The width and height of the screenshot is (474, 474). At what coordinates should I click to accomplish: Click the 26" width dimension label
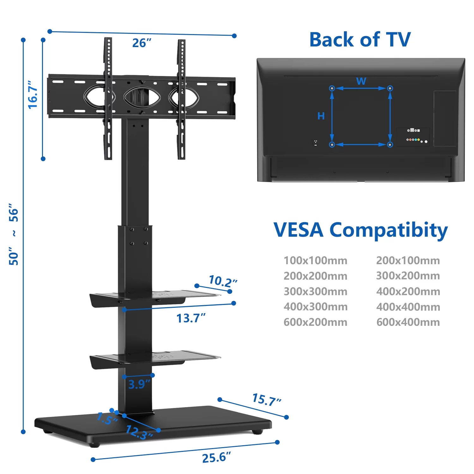point(142,43)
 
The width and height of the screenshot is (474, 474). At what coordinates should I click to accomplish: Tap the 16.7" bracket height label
point(33,95)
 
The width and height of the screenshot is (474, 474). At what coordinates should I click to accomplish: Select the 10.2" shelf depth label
point(222,281)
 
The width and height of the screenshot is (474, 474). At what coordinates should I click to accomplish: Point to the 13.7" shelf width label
point(191,318)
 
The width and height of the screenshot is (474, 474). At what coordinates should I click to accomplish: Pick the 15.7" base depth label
point(266,400)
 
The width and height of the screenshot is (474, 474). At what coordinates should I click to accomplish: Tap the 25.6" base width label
point(216,457)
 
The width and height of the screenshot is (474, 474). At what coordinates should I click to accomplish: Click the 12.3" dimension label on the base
point(139,432)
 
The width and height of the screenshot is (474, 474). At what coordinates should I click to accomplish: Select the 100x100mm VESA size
point(315,260)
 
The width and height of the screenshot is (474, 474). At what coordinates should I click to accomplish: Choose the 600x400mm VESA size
point(408,322)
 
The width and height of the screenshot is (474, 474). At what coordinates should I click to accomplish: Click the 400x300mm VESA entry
point(315,307)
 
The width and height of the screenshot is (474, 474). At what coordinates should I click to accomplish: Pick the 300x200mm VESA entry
point(408,276)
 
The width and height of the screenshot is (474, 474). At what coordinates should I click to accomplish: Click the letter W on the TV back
point(361,81)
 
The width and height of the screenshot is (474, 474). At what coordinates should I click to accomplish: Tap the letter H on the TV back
point(321,116)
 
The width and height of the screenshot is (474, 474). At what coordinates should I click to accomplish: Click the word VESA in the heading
point(298,230)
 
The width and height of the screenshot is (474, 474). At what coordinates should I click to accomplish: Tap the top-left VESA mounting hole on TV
point(332,88)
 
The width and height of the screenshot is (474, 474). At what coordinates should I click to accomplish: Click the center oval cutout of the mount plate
point(142,97)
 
